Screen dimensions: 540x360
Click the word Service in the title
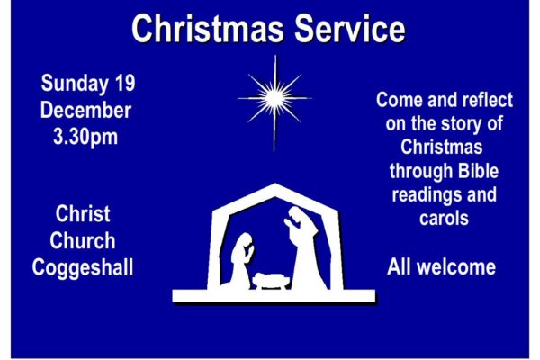[350, 29]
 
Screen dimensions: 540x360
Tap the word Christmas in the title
[208, 29]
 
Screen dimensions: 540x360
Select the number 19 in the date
[125, 83]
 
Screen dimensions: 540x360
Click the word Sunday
[75, 85]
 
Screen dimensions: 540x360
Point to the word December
[85, 110]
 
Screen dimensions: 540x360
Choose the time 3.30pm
[85, 138]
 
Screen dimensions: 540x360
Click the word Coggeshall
[83, 268]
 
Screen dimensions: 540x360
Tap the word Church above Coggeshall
[83, 240]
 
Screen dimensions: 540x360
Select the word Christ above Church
[83, 213]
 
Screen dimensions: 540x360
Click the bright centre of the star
[274, 98]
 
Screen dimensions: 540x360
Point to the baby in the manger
[270, 280]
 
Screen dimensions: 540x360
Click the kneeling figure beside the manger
[240, 262]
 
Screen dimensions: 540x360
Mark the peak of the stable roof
[275, 184]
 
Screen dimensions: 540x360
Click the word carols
[444, 219]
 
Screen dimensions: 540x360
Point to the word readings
[427, 195]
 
